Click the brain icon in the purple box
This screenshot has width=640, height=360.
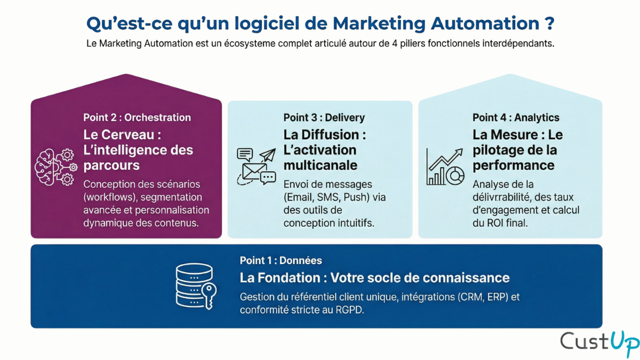click(49, 166)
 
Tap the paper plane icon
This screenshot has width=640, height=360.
click(267, 156)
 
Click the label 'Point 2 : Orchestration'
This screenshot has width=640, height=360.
click(137, 117)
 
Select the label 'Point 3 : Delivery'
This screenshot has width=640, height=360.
click(324, 117)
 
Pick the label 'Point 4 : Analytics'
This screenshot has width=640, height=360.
click(516, 117)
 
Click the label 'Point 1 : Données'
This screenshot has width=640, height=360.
click(281, 261)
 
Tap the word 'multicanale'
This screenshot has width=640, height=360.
click(321, 165)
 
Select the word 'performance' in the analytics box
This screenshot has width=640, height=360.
click(514, 165)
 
